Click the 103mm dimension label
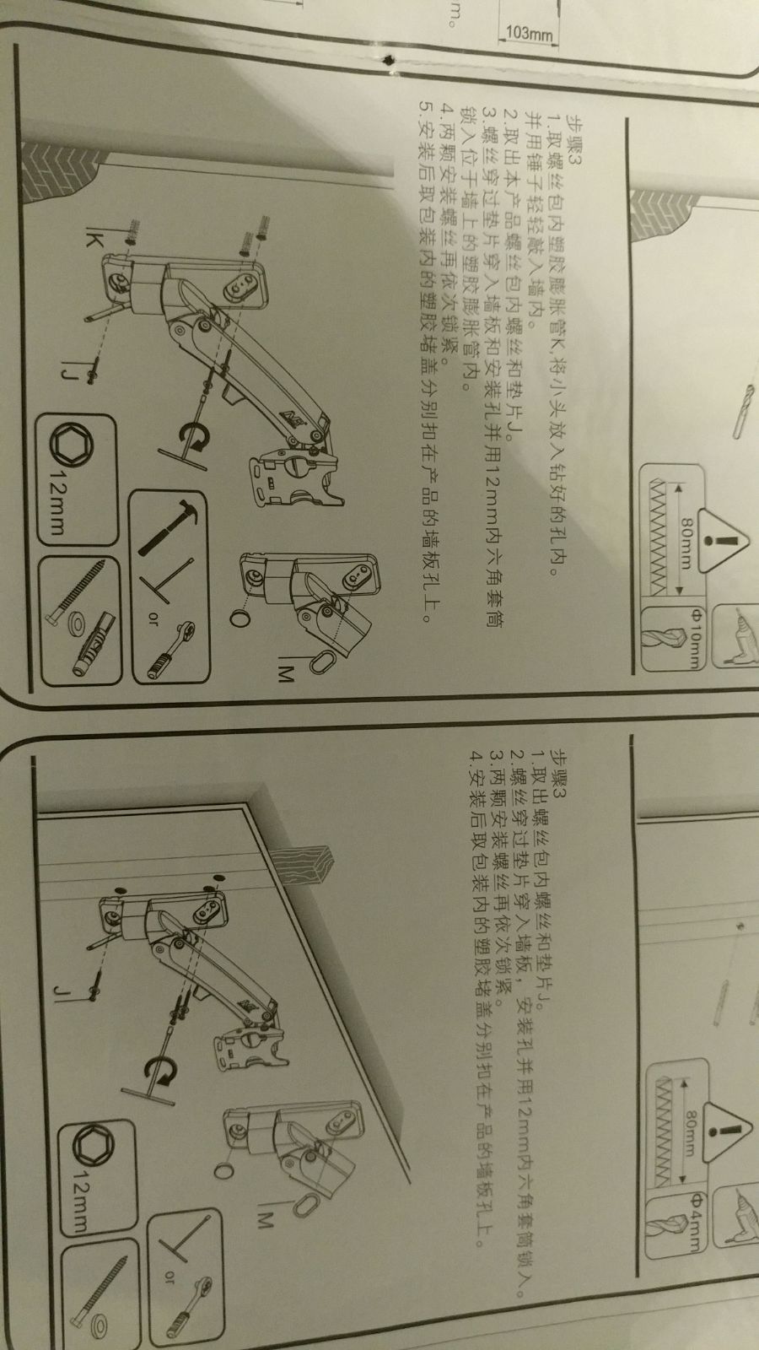pos(529,34)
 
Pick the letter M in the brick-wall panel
pos(286,673)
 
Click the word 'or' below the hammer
pos(153,619)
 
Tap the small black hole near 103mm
pos(389,60)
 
